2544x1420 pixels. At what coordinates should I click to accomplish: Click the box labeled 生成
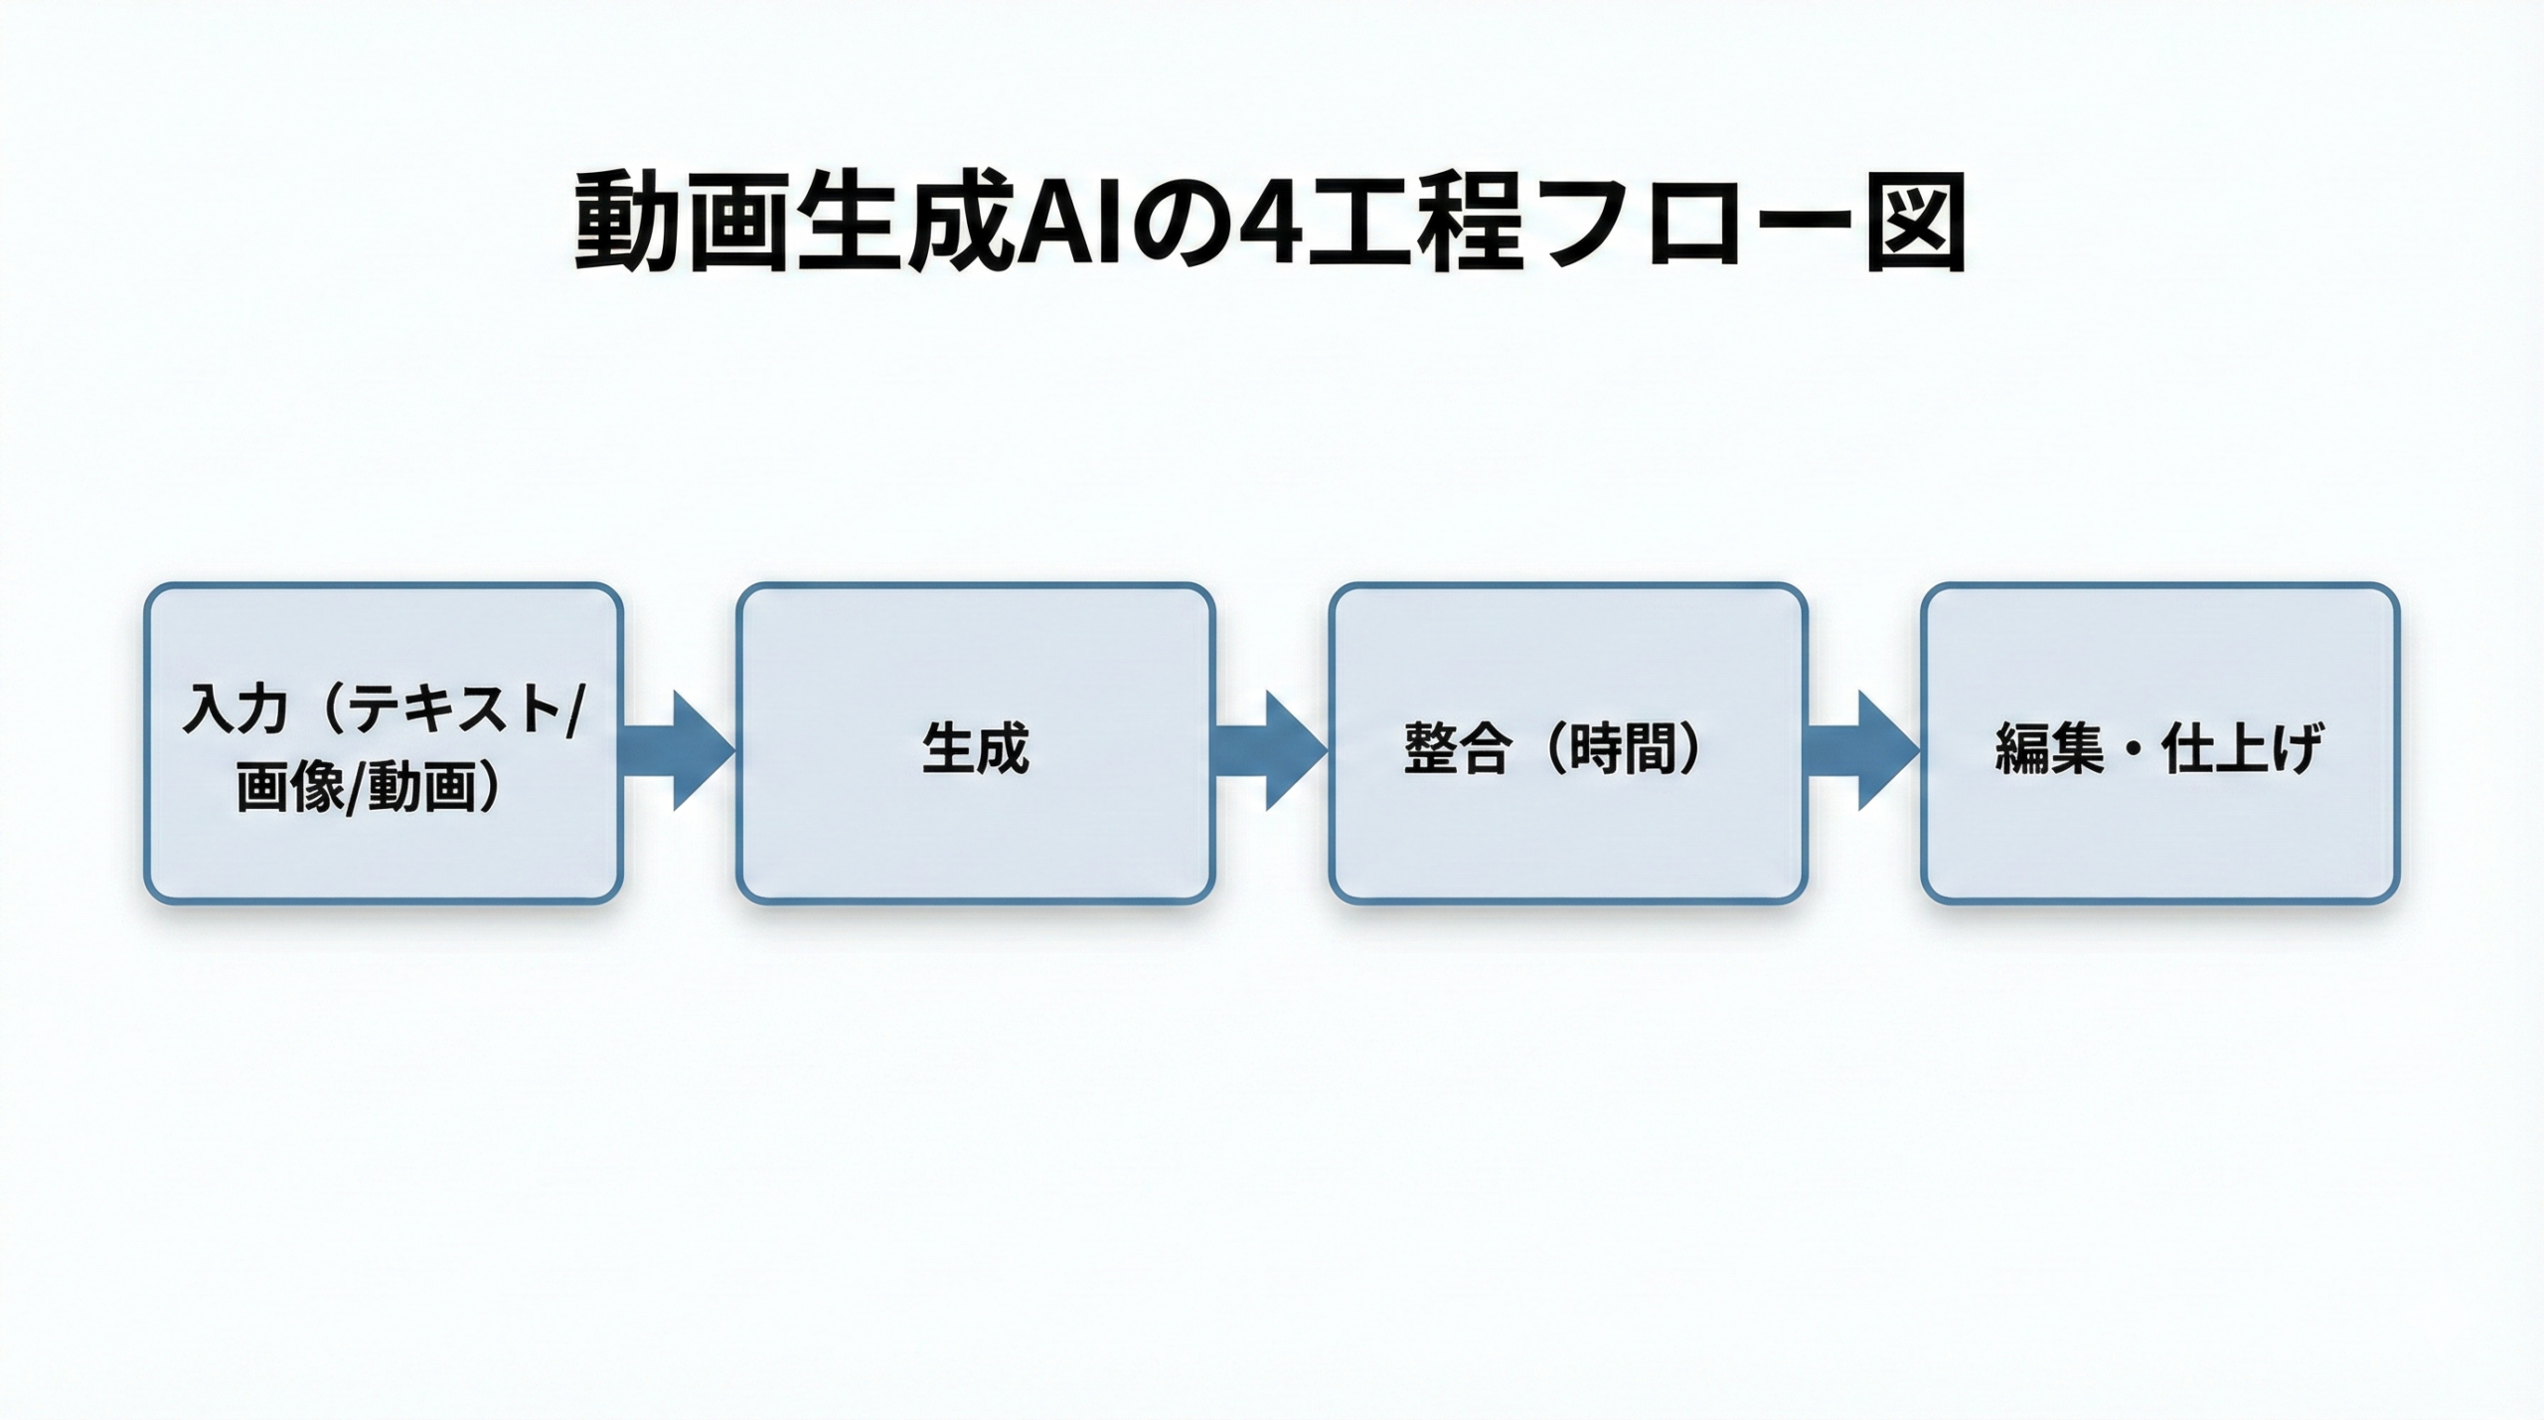[x=975, y=743]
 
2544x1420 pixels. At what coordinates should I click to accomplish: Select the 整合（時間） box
[x=1567, y=743]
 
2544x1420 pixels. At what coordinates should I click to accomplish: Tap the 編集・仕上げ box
[x=2160, y=743]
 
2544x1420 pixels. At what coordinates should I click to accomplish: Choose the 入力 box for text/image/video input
[x=384, y=743]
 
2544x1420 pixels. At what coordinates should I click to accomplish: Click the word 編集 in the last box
[x=2049, y=747]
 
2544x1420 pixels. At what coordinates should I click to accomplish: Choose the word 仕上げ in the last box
[x=2243, y=747]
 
